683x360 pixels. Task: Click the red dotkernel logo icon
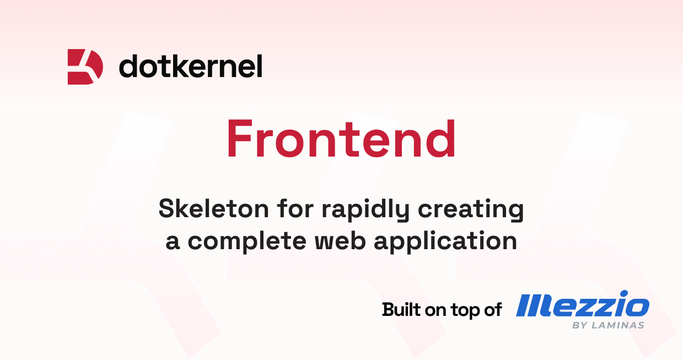coord(85,67)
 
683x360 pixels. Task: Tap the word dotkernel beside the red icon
coord(190,66)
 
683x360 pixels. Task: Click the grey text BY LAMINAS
coord(608,325)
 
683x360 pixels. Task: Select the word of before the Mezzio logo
coord(492,309)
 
